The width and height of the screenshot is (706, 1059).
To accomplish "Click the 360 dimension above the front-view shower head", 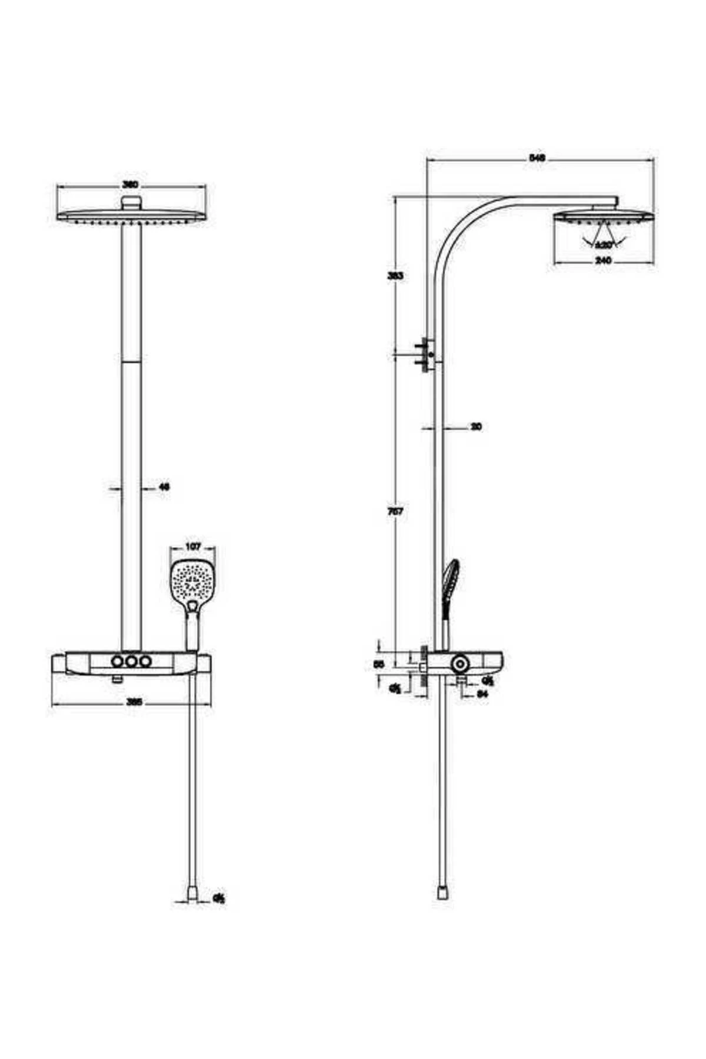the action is click(x=130, y=185).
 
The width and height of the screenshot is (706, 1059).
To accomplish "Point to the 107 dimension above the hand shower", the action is click(x=192, y=547).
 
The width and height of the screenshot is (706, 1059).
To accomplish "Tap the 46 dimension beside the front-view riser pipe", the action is click(x=164, y=487).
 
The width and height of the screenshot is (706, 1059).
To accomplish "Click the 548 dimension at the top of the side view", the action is click(x=538, y=158).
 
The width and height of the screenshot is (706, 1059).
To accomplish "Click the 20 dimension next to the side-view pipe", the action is click(x=476, y=427).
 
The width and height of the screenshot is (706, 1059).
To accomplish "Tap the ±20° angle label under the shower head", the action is click(x=604, y=244).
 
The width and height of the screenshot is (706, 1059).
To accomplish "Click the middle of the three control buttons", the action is click(x=131, y=661).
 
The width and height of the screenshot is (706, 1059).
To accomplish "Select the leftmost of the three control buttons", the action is click(x=118, y=661).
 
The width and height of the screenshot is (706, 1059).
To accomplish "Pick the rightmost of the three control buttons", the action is click(x=145, y=661).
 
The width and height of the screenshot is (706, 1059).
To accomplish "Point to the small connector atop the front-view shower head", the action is click(x=131, y=203).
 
